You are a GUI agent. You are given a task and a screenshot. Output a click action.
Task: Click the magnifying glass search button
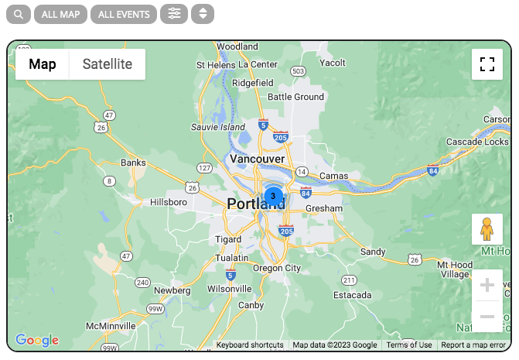(19, 14)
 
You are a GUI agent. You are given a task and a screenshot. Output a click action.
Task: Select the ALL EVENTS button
(124, 14)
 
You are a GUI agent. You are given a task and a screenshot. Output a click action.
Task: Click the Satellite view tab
(108, 64)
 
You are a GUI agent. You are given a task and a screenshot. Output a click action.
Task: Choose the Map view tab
(43, 64)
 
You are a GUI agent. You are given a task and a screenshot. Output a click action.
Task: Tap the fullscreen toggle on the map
(487, 64)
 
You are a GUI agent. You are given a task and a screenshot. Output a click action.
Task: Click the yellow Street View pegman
(487, 229)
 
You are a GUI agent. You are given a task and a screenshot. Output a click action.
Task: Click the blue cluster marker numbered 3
(273, 196)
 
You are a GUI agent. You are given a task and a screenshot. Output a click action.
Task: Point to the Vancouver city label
(258, 159)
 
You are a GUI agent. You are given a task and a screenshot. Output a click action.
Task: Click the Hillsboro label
(169, 201)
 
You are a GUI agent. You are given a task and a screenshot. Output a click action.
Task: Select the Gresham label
(324, 208)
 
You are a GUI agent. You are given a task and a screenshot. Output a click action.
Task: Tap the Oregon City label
(277, 268)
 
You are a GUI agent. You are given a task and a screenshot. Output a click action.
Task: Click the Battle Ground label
(295, 97)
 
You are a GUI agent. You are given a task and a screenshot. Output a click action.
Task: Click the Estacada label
(353, 295)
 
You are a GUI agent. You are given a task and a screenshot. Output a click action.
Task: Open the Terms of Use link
(409, 345)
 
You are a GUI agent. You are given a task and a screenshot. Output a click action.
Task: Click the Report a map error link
(474, 345)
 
